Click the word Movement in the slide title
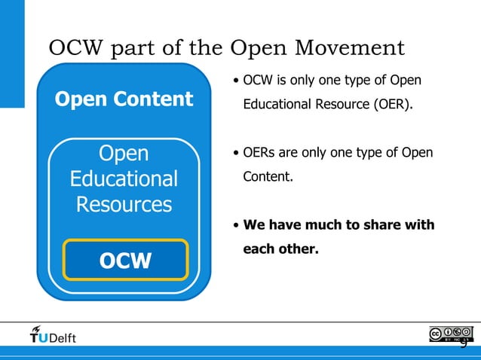pos(354,48)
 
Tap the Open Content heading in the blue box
pos(124,99)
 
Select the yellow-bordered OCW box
pos(124,260)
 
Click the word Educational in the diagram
pos(124,179)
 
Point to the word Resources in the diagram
pos(124,204)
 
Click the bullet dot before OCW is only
pos(236,81)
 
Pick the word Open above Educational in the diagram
pos(124,154)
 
